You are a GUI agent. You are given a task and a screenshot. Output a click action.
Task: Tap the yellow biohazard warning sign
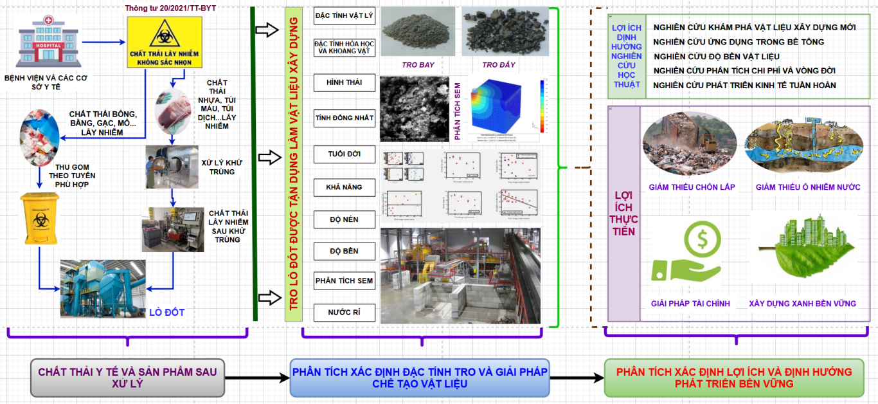click(165, 42)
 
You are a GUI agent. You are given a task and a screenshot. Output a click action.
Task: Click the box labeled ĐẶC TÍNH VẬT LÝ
click(344, 15)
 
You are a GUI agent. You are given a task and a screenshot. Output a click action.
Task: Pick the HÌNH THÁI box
click(344, 83)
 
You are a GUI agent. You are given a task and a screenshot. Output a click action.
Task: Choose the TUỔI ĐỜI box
click(344, 154)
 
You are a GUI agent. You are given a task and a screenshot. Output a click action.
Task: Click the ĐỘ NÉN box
click(344, 219)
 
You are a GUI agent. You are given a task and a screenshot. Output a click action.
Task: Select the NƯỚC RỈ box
click(344, 313)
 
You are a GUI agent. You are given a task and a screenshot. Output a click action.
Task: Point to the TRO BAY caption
click(418, 65)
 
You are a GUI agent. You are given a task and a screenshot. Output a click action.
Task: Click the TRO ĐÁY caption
click(499, 65)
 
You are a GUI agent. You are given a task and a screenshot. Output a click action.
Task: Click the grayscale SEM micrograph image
click(415, 109)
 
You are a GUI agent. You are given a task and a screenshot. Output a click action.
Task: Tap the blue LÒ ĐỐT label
click(166, 313)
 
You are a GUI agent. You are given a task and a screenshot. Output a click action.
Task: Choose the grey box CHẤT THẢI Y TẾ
click(127, 378)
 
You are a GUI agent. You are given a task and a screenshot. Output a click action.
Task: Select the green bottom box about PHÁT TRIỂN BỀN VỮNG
click(734, 378)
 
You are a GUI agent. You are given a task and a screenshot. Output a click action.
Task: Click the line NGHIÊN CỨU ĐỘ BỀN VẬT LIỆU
click(716, 57)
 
